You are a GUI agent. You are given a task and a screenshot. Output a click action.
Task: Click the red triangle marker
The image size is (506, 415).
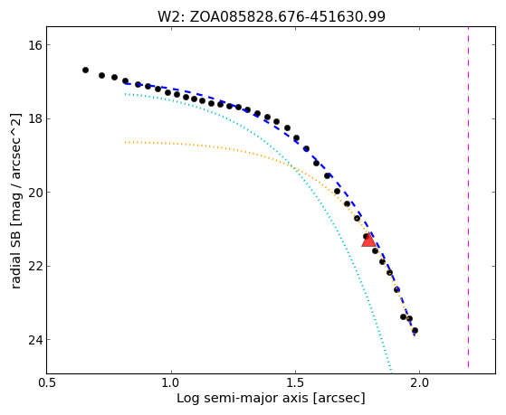[368, 241]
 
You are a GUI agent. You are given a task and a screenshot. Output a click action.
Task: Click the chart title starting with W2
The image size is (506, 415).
[271, 16]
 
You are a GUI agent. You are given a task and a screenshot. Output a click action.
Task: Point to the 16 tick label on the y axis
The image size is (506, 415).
[35, 45]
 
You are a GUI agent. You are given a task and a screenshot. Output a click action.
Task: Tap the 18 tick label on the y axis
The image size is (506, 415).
[35, 118]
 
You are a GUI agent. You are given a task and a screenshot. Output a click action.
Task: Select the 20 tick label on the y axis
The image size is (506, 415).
[35, 193]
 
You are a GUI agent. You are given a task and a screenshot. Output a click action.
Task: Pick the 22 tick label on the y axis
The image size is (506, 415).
[35, 266]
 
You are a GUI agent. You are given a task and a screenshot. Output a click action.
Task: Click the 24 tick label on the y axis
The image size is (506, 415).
[35, 340]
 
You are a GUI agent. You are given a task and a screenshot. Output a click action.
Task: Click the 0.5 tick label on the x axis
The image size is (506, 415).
[47, 382]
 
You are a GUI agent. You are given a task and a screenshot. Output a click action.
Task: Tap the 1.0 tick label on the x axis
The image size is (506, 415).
[171, 382]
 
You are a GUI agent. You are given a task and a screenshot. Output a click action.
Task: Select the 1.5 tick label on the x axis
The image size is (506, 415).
[295, 382]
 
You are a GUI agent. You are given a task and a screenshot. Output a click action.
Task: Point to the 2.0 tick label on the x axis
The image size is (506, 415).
[419, 382]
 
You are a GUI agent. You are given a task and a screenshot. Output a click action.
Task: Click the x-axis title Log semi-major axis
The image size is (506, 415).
[271, 399]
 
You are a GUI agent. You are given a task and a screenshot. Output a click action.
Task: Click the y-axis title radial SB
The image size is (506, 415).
[15, 201]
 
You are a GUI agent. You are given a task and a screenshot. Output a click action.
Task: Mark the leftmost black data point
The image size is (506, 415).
[85, 70]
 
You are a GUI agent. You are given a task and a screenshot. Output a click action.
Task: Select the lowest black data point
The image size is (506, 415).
[415, 331]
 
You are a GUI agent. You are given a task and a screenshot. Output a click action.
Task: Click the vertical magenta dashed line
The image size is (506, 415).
[468, 197]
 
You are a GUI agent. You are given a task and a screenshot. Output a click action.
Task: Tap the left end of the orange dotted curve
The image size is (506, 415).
[125, 142]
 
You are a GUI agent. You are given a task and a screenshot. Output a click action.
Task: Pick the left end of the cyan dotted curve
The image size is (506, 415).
[125, 94]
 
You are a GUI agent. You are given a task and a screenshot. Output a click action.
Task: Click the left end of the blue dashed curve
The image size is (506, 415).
[125, 83]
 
